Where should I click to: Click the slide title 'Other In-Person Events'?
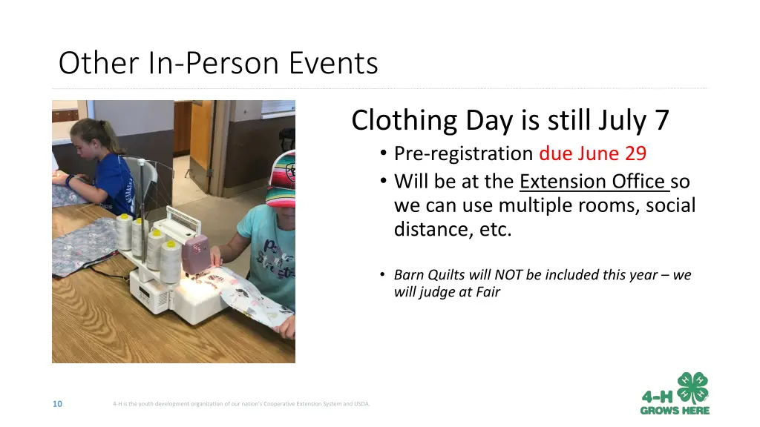point(218,63)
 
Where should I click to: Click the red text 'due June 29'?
point(593,153)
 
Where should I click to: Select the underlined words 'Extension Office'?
point(592,182)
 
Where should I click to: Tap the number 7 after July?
point(662,120)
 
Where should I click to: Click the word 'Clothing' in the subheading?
point(404,121)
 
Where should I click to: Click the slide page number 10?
point(57,404)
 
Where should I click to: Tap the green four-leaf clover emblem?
point(692,388)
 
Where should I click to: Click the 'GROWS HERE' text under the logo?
point(675,411)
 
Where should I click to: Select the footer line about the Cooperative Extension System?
point(241,404)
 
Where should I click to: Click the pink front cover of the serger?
point(196,255)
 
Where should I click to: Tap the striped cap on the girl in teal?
point(283,179)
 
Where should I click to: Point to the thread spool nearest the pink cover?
point(171,262)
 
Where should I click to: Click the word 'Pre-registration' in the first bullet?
point(463,153)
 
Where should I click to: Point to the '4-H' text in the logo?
point(658,397)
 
